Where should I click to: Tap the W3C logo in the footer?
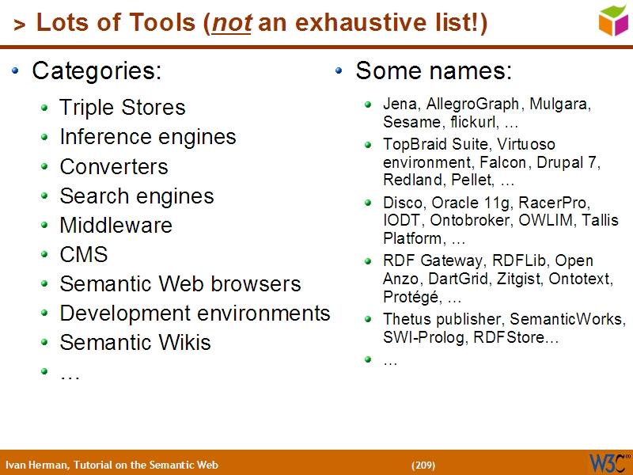click(608, 462)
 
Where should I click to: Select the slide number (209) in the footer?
click(423, 465)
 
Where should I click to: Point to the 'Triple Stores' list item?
click(122, 108)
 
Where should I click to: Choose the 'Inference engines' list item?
click(147, 137)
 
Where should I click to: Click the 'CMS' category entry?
click(83, 255)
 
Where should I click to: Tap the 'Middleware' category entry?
click(116, 226)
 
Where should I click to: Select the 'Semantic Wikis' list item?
click(135, 343)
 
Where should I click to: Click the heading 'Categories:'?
click(97, 71)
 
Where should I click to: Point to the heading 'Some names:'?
click(434, 71)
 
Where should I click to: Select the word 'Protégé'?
click(411, 298)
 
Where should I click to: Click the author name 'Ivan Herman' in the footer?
click(36, 465)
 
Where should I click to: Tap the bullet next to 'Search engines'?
click(46, 196)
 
